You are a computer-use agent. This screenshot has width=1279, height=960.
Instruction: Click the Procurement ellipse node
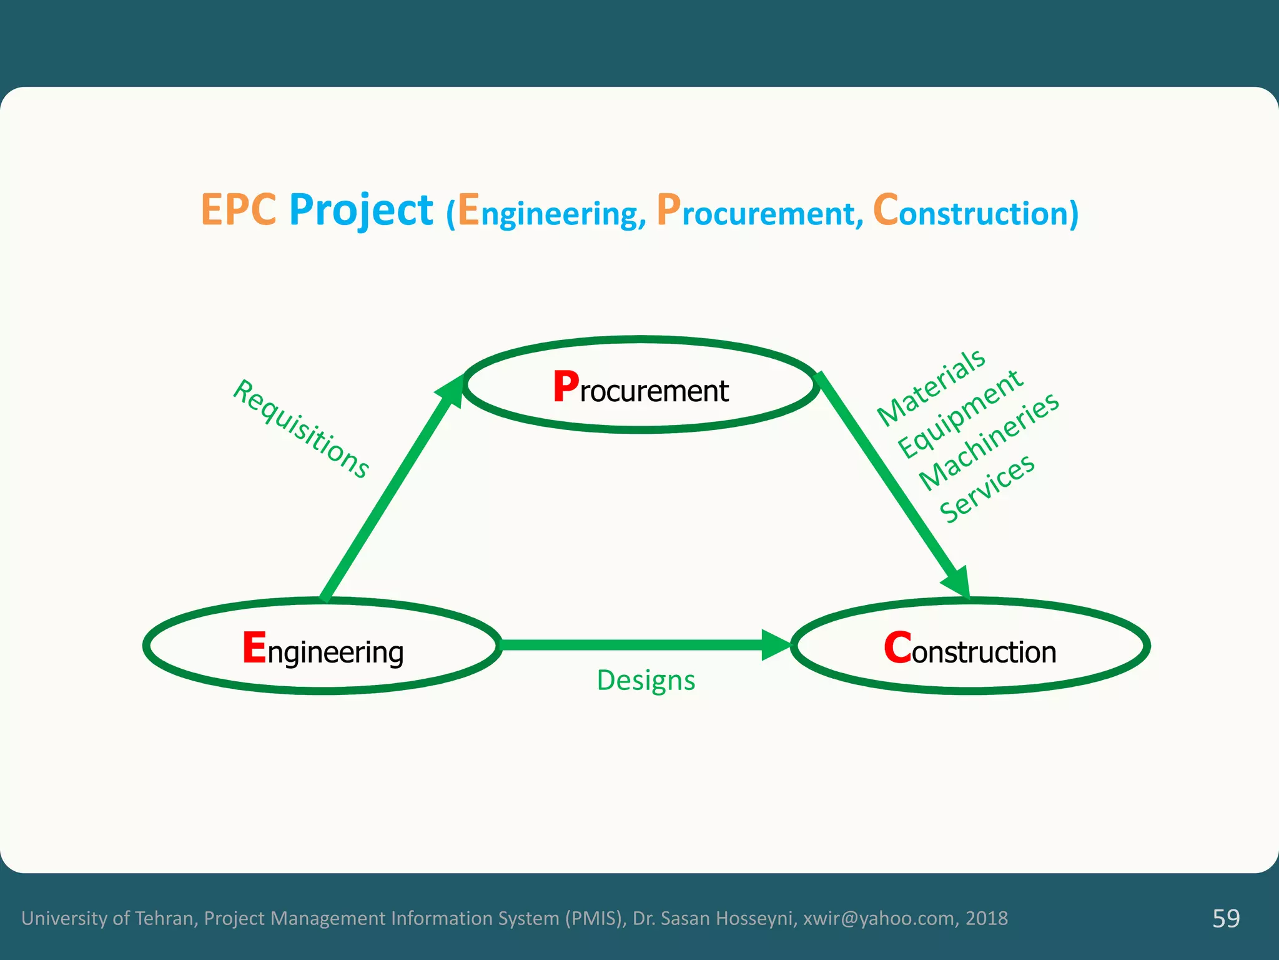[x=641, y=385]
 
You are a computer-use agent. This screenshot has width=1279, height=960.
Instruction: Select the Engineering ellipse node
[x=322, y=646]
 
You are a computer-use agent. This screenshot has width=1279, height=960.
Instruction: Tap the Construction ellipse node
[x=970, y=646]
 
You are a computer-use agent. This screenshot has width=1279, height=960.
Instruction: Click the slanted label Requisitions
[x=301, y=429]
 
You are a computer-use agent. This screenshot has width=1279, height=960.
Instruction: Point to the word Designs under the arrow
[x=646, y=680]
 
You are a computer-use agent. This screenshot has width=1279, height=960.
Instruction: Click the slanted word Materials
[x=931, y=387]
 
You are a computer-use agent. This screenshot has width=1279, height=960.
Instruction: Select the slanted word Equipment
[x=959, y=413]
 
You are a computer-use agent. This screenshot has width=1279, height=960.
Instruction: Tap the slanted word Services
[x=987, y=488]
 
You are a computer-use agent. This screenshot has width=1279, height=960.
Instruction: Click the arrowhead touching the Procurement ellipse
[x=452, y=391]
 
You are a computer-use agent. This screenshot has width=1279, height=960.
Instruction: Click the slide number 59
[x=1225, y=918]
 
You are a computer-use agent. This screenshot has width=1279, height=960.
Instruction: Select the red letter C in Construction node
[x=897, y=647]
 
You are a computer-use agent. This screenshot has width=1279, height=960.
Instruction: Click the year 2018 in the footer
[x=987, y=918]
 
